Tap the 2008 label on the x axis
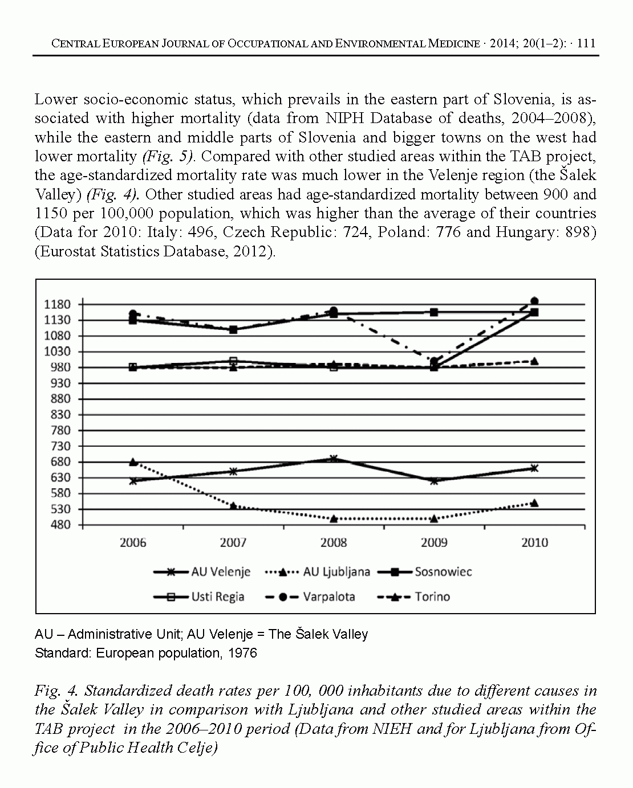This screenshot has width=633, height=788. coord(334,542)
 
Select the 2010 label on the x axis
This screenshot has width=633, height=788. coord(534,542)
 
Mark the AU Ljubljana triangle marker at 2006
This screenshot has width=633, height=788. coord(133,462)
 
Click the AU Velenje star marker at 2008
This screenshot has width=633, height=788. coord(334,459)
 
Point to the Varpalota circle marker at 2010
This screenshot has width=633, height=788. coord(534,301)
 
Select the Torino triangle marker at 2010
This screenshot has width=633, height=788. coord(534,361)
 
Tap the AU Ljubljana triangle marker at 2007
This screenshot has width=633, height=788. coord(233,505)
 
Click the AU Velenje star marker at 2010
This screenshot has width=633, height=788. coord(534,468)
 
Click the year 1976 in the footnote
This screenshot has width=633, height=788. coord(242,653)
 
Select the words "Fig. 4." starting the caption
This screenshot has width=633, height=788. coord(56,691)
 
